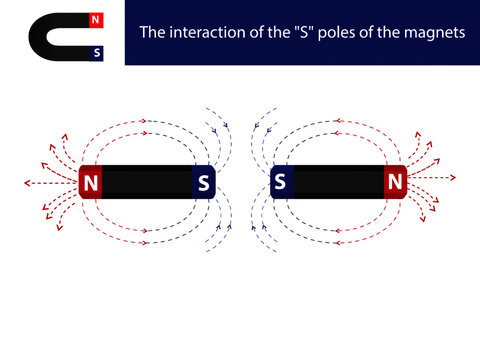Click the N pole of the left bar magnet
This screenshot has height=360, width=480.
[x=91, y=183]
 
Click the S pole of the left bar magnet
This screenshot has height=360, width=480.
[x=204, y=183]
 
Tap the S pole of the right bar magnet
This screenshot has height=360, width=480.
[x=280, y=182]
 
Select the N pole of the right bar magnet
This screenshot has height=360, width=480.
[x=395, y=182]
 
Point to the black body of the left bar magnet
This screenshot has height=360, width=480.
[x=147, y=183]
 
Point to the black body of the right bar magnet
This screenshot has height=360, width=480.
[x=337, y=182]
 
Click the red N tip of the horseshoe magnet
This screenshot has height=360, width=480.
[x=95, y=20]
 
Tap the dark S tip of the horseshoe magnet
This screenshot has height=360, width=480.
[x=95, y=51]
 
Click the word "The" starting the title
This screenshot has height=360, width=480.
[x=152, y=32]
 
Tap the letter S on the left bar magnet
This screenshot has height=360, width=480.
[x=204, y=183]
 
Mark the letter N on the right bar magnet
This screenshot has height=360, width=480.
[x=395, y=182]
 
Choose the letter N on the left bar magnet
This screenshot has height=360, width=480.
[x=91, y=183]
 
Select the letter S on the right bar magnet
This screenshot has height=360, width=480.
[x=280, y=182]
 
